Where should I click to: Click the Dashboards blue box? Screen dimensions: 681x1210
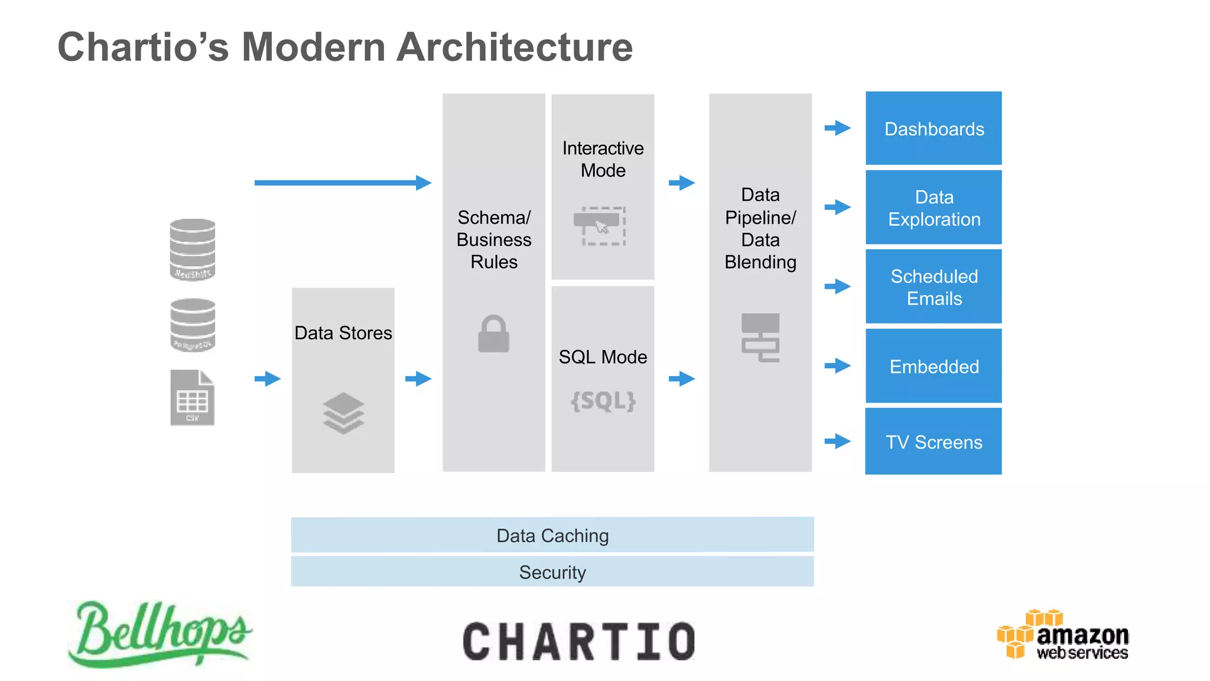point(933,128)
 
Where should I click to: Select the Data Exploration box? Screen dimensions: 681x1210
point(933,207)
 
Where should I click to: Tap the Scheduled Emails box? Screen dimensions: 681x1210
point(933,287)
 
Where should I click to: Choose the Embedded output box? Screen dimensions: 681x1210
point(933,366)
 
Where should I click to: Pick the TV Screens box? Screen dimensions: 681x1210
point(933,442)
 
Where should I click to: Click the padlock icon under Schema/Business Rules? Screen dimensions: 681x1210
point(493,335)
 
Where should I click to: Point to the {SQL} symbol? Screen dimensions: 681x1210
point(603,401)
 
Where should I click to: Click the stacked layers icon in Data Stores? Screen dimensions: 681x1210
point(343,413)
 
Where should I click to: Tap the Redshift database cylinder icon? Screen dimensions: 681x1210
point(193,249)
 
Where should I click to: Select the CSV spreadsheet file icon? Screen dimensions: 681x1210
point(193,398)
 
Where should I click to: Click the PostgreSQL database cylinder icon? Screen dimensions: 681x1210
point(193,325)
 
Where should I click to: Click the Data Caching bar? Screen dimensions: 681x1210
point(552,535)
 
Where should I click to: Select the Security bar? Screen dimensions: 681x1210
point(552,572)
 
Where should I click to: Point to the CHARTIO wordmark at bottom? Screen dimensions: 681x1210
point(579,641)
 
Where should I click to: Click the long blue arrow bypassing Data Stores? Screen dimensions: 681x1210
point(343,183)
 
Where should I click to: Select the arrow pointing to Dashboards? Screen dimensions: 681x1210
point(837,128)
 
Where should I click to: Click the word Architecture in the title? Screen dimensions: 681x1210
point(514,47)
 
